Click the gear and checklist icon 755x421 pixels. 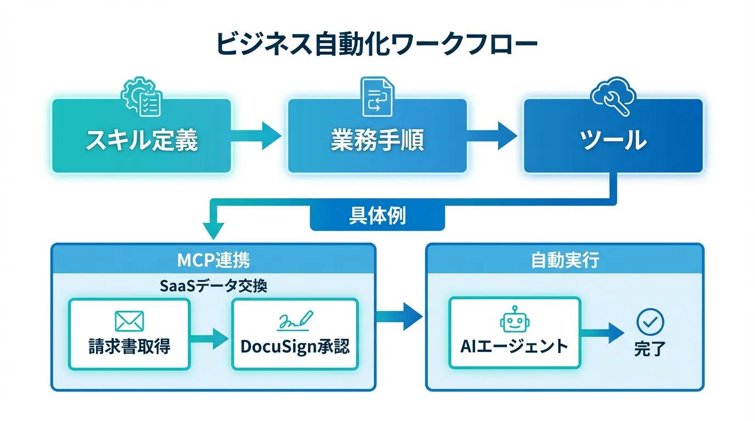pyautogui.click(x=142, y=98)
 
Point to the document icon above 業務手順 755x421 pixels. pyautogui.click(x=377, y=96)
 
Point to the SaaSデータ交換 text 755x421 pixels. pyautogui.click(x=213, y=286)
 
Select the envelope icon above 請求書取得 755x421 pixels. pyautogui.click(x=129, y=321)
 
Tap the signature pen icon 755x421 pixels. pyautogui.click(x=295, y=320)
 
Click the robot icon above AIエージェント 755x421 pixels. pyautogui.click(x=514, y=320)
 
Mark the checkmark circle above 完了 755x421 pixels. pyautogui.click(x=650, y=322)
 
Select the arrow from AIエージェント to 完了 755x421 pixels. pyautogui.click(x=602, y=332)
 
